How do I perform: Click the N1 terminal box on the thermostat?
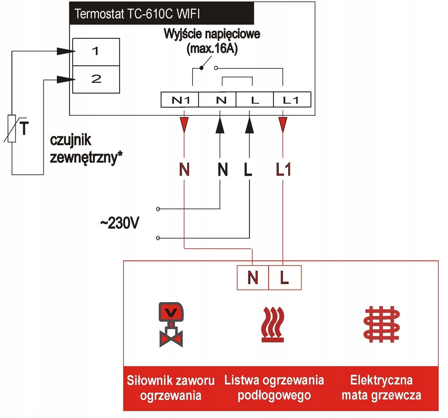click(180, 100)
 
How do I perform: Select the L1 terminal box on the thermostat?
click(291, 100)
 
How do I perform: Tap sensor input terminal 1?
click(96, 52)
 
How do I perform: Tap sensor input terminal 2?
click(96, 79)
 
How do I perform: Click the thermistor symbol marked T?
click(13, 128)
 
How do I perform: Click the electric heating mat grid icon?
click(381, 324)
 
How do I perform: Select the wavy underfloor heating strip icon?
click(273, 324)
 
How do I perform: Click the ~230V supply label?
click(119, 223)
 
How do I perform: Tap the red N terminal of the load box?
click(253, 277)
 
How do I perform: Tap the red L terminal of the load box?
click(285, 277)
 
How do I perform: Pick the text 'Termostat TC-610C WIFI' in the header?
click(137, 14)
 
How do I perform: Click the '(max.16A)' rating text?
click(212, 48)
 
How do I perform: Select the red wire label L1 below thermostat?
click(283, 169)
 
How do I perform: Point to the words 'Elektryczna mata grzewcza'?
click(381, 388)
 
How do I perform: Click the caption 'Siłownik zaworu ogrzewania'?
click(171, 388)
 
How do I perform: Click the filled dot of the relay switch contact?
click(201, 68)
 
